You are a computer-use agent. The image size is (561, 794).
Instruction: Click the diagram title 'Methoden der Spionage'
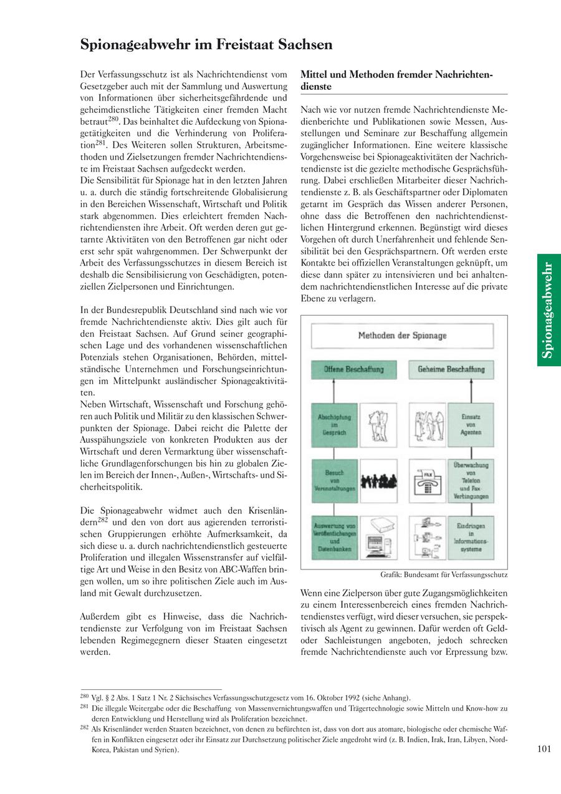pos(402,336)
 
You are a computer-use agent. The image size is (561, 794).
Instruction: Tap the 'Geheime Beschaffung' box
pos(451,369)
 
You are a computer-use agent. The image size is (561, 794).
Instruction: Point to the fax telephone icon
pos(428,481)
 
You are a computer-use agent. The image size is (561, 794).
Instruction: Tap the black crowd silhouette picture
pos(378,481)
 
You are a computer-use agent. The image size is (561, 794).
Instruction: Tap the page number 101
pos(544,749)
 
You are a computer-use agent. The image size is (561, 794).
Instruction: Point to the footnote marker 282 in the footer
pos(84,727)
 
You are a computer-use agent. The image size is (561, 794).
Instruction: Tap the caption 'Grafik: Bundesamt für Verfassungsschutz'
pos(444,574)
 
